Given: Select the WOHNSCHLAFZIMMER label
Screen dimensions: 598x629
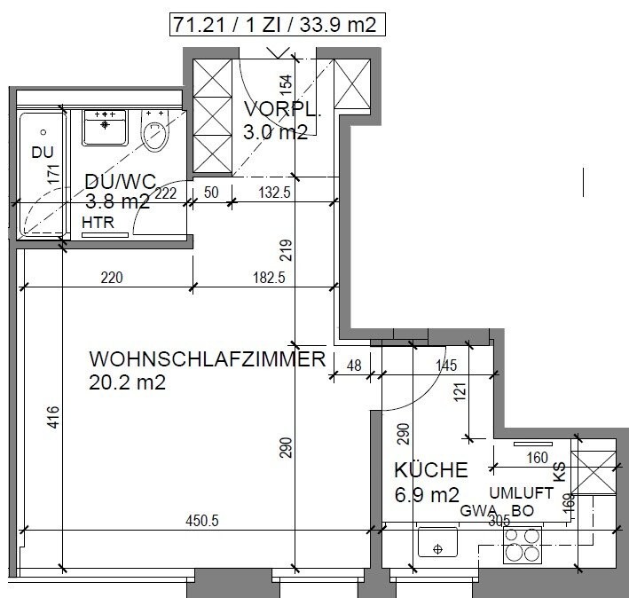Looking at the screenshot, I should coord(207,360).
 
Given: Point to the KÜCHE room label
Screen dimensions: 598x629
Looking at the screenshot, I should coord(430,470).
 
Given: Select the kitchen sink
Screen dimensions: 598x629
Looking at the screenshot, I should coord(437,544).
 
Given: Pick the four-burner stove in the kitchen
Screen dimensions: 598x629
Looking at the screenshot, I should coord(523,544).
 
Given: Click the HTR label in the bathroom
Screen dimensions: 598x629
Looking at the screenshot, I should coord(98,223).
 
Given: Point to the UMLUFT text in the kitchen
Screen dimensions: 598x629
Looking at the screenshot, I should coord(522,492).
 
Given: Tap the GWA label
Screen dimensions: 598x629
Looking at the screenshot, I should coord(476,511).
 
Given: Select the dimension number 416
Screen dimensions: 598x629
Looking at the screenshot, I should coord(53,416).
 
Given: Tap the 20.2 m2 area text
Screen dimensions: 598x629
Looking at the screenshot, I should coord(128,383).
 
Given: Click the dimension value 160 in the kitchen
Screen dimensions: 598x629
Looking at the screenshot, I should coord(539,459).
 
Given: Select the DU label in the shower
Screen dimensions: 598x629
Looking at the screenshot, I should coord(43,153).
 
